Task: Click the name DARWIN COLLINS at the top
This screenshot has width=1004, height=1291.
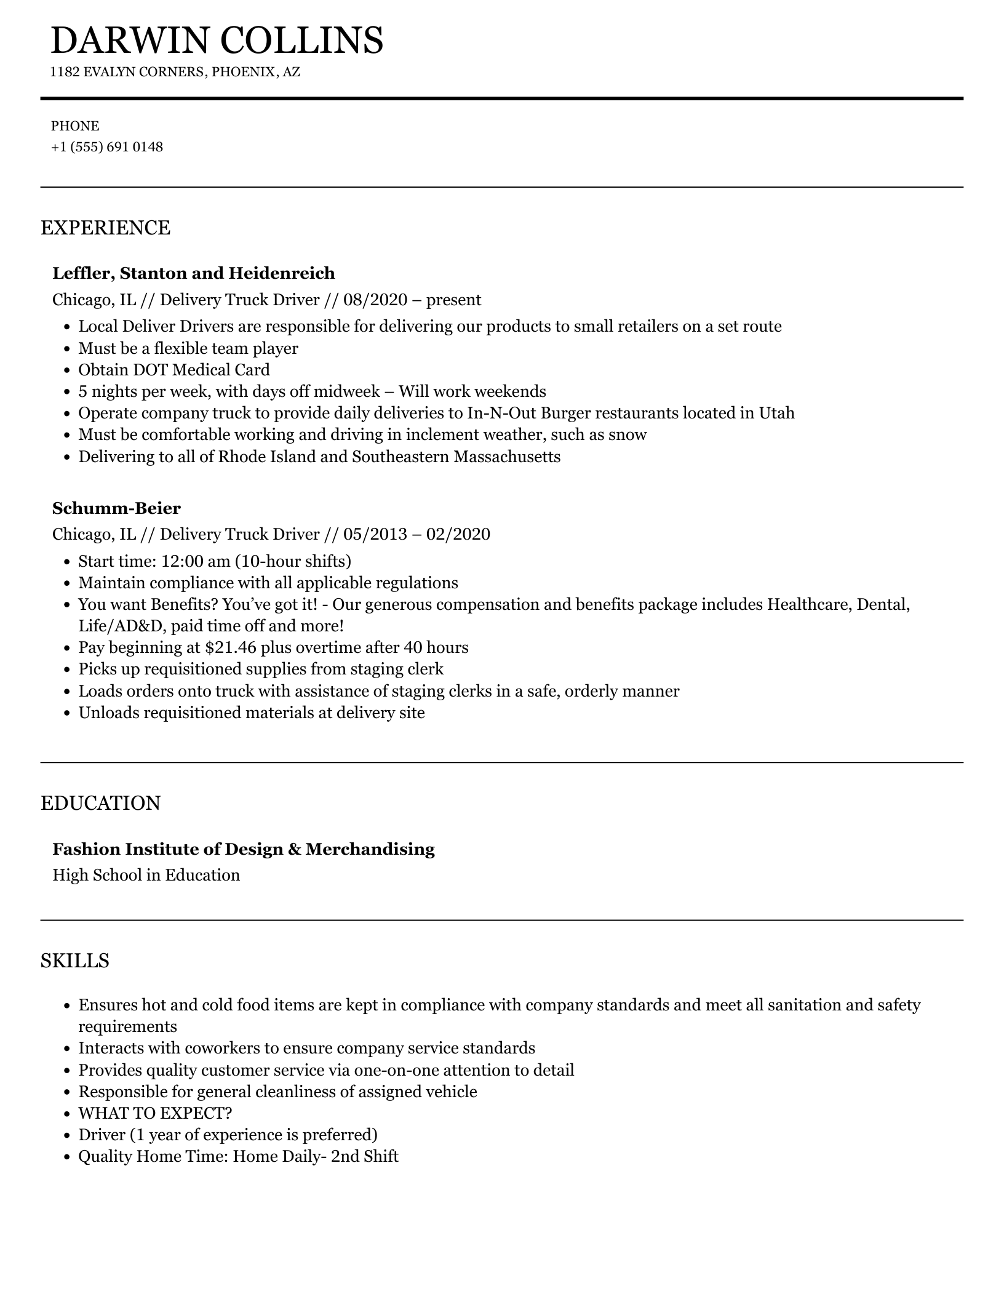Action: click(x=217, y=41)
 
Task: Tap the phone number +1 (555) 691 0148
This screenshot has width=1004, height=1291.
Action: click(x=107, y=147)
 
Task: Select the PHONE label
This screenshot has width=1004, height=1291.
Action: click(x=75, y=126)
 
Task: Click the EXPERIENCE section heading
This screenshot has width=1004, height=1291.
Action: click(x=105, y=228)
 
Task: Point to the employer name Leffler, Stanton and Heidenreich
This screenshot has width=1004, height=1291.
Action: click(x=194, y=273)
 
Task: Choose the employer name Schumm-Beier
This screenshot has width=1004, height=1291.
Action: click(x=116, y=508)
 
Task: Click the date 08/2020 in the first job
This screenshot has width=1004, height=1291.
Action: click(x=375, y=300)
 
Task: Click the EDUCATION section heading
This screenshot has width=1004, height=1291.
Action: click(x=100, y=804)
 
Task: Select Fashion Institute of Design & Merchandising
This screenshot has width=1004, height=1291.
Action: click(x=244, y=849)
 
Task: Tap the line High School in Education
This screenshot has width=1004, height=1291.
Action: click(x=146, y=875)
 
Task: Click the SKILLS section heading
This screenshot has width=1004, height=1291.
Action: click(x=75, y=961)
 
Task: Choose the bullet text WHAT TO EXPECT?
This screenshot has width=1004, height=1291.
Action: click(x=155, y=1113)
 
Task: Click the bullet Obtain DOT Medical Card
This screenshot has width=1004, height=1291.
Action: click(x=174, y=370)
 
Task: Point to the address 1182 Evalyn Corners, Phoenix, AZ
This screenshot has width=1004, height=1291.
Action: click(x=175, y=72)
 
